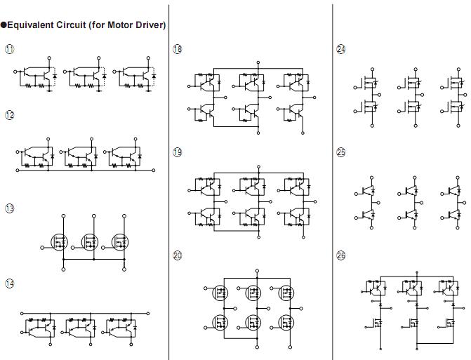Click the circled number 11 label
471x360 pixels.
pyautogui.click(x=9, y=49)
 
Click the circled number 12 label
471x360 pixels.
pyautogui.click(x=9, y=115)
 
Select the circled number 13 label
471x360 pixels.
pyautogui.click(x=9, y=209)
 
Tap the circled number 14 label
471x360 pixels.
pyautogui.click(x=9, y=284)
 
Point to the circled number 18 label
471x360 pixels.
pyautogui.click(x=177, y=49)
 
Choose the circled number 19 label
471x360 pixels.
pyautogui.click(x=177, y=153)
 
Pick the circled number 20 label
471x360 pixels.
pyautogui.click(x=177, y=256)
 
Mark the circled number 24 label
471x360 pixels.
pyautogui.click(x=341, y=49)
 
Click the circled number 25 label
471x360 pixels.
pyautogui.click(x=341, y=153)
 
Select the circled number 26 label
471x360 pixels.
pyautogui.click(x=341, y=256)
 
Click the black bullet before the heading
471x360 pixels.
pyautogui.click(x=4, y=25)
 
